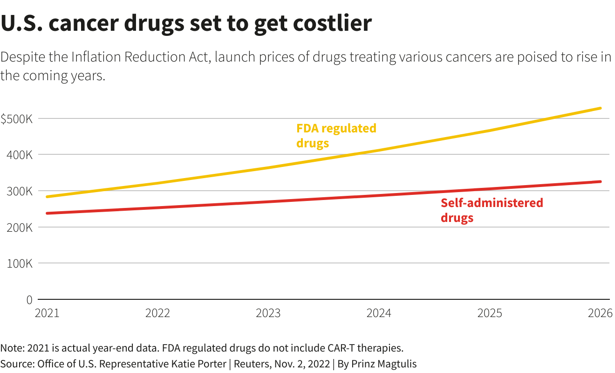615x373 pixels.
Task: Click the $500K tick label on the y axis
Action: click(x=16, y=119)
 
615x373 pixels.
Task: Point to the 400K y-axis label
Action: click(x=20, y=155)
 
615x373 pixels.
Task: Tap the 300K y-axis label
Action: click(x=20, y=191)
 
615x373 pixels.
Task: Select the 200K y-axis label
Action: click(x=20, y=228)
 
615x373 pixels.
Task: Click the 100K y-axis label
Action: click(x=20, y=263)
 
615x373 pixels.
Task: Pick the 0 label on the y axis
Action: click(x=29, y=300)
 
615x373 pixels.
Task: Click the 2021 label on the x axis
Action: click(x=47, y=313)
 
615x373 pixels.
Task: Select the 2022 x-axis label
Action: click(x=157, y=313)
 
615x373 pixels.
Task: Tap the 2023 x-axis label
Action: click(x=268, y=313)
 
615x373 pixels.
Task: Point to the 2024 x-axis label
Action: click(x=379, y=313)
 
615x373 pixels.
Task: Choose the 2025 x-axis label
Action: click(x=490, y=313)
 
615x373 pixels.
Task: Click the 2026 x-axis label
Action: click(x=599, y=313)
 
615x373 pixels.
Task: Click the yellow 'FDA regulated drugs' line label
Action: click(x=336, y=135)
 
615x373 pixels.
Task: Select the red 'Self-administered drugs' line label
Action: click(x=492, y=210)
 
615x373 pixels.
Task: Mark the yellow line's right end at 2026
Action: click(x=600, y=108)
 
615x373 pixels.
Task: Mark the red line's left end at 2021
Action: click(x=47, y=213)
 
